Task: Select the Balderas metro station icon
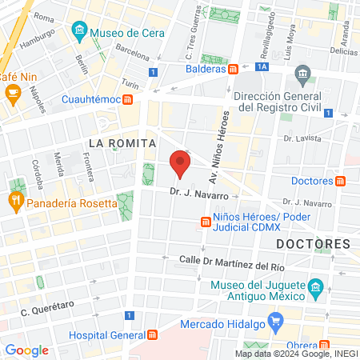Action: pyautogui.click(x=232, y=69)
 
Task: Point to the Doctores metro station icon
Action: pyautogui.click(x=340, y=181)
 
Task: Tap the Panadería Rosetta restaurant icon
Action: pyautogui.click(x=16, y=203)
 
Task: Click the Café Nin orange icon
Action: pyautogui.click(x=12, y=93)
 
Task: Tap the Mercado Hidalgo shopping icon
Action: pyautogui.click(x=276, y=324)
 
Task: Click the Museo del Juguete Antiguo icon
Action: pyautogui.click(x=315, y=287)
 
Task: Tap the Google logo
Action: pyautogui.click(x=26, y=350)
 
